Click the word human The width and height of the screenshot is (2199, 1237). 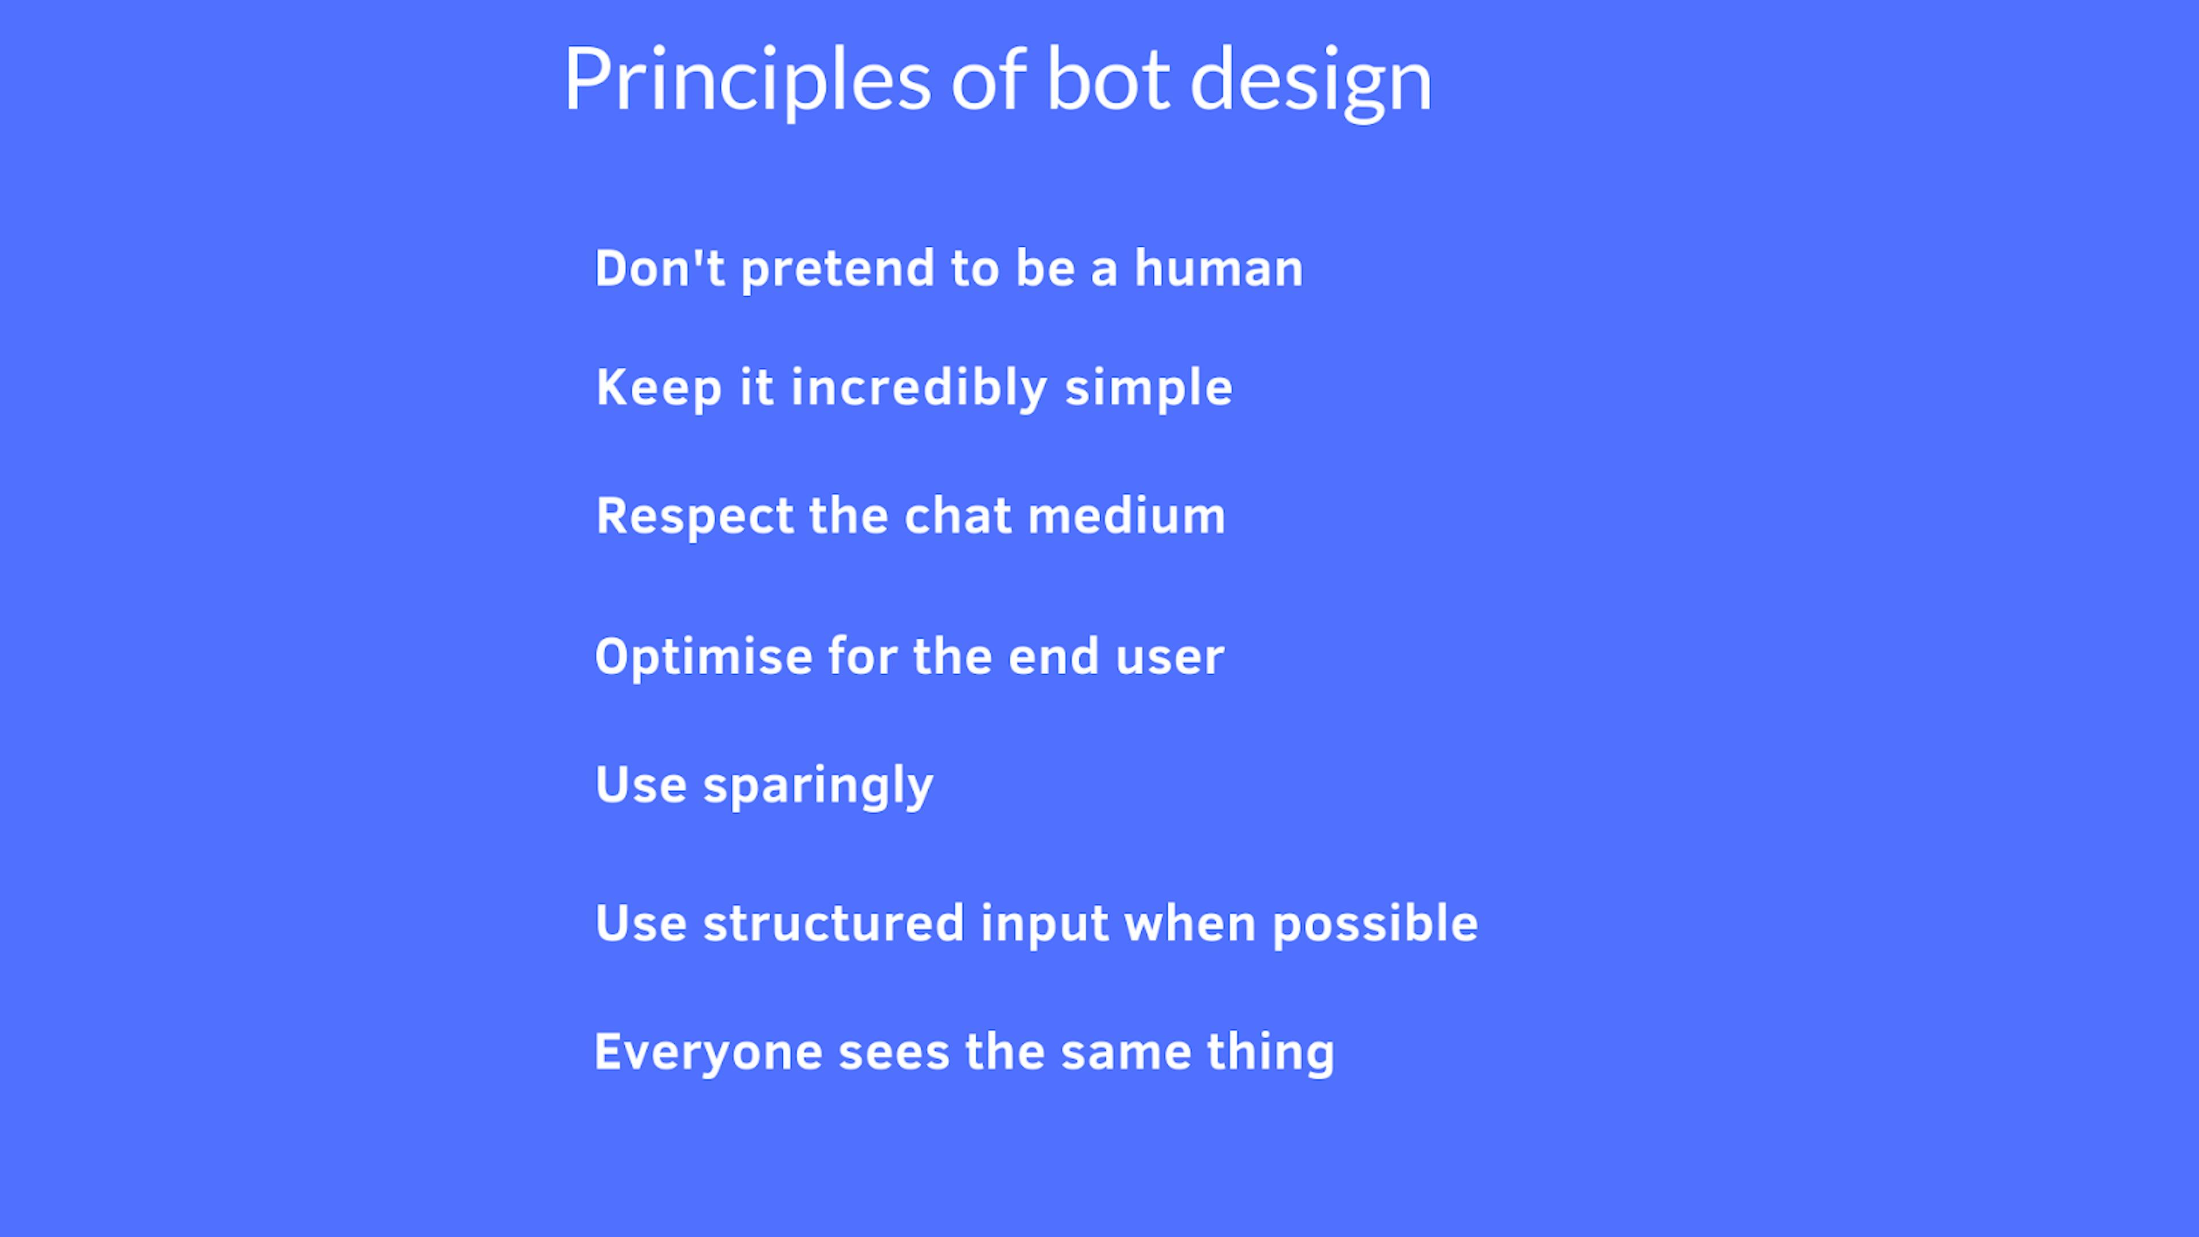tap(1219, 268)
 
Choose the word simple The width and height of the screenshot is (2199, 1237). tap(1149, 388)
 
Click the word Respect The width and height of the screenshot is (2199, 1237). tap(695, 517)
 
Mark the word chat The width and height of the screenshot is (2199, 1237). tap(958, 515)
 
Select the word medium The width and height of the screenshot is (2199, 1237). tap(1127, 515)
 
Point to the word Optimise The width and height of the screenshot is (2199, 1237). tap(703, 657)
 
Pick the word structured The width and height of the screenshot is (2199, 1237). tap(833, 924)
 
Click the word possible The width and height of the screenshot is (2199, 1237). tap(1375, 924)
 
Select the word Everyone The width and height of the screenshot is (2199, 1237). tap(708, 1054)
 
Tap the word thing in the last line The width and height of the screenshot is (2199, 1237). tap(1271, 1054)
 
